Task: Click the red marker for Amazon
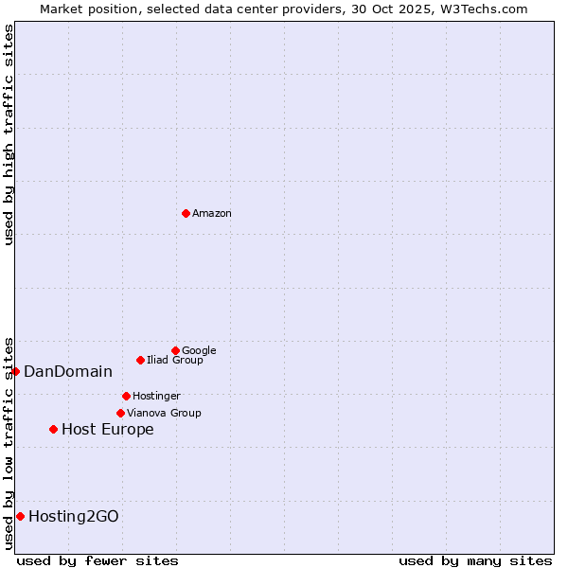coord(186,213)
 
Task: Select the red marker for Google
coord(175,350)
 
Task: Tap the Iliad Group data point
coord(140,360)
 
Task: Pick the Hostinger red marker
coord(126,396)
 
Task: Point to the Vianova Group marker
coord(120,413)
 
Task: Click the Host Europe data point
coord(53,430)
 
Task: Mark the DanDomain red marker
coord(15,371)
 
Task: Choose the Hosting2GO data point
coord(20,516)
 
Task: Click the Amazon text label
coord(212,214)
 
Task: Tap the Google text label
coord(199,351)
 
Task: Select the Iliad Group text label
coord(175,361)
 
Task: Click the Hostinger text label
coord(156,397)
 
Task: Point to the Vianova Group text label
coord(164,414)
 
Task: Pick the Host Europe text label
coord(108,430)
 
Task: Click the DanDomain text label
coord(68,372)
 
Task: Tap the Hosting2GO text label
coord(74,517)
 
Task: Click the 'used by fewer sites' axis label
coord(98,560)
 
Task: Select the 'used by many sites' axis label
coord(475,560)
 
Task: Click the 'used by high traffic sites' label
coord(9,134)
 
